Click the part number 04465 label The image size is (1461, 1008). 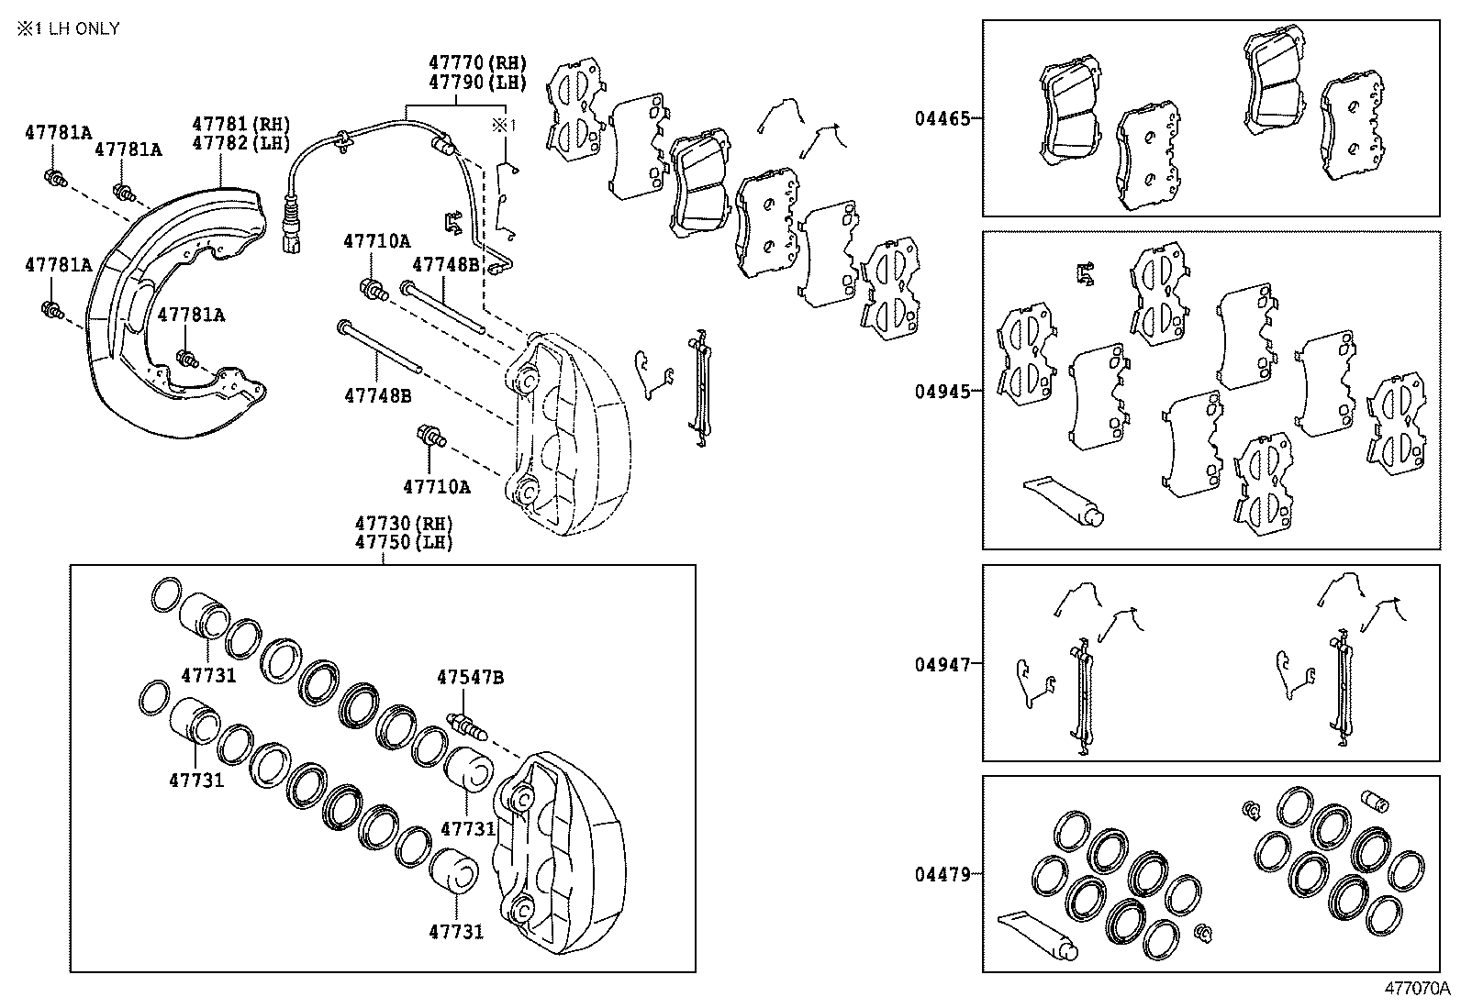click(942, 118)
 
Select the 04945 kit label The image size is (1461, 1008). click(942, 391)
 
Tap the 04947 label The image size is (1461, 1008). click(942, 664)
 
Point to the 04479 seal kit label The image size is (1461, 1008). click(942, 874)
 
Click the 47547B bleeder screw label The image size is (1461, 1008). click(470, 678)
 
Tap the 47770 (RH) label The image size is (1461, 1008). click(477, 63)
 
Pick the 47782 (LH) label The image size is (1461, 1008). click(240, 143)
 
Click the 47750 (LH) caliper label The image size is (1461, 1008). click(404, 542)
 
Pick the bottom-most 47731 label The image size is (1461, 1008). click(455, 932)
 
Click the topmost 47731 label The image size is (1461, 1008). click(208, 675)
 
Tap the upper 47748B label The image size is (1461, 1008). click(445, 265)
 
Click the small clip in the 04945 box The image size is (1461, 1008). click(1086, 272)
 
